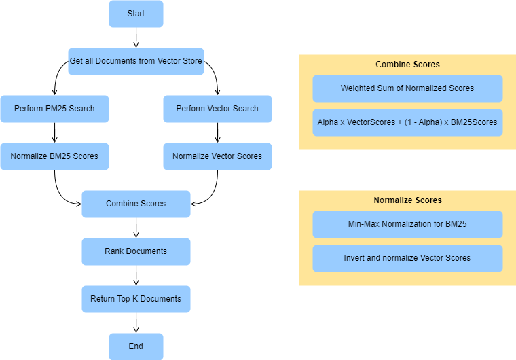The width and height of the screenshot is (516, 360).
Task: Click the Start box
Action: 136,14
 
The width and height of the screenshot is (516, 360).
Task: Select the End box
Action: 136,346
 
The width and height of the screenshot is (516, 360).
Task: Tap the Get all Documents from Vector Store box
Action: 136,61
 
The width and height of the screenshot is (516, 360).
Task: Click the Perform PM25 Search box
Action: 54,109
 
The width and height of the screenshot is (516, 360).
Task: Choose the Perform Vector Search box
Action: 217,109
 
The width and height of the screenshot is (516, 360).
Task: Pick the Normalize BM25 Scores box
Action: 54,156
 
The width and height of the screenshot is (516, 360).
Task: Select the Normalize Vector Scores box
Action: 217,156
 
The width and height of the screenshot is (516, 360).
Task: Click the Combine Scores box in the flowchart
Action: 136,204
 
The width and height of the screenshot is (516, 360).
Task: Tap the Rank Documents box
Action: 136,251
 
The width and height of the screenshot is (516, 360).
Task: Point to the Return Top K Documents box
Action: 136,299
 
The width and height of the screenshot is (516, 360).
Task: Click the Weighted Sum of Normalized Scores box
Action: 407,88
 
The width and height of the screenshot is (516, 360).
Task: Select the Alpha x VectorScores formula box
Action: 407,123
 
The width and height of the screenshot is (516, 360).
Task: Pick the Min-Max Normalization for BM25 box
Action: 407,224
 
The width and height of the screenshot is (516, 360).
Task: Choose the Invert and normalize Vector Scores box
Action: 407,258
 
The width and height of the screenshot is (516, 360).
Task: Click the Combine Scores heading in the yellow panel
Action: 407,65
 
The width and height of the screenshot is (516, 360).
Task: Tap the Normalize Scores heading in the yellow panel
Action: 407,200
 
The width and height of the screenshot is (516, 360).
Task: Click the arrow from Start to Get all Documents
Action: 136,37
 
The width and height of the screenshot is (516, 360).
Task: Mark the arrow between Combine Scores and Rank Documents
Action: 136,228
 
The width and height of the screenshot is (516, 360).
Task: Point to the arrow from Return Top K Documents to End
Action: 136,323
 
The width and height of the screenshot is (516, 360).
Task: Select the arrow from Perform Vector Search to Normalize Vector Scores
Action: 217,132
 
